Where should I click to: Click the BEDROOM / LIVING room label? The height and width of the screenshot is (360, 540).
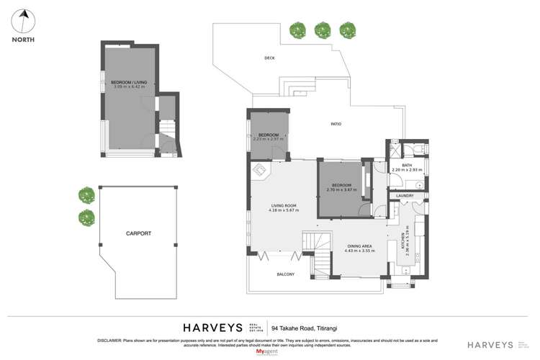pos(129,84)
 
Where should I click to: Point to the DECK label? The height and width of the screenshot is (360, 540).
pos(269,58)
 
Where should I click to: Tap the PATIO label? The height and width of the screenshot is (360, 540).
pos(336,125)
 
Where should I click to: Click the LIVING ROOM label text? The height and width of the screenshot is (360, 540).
pos(283,206)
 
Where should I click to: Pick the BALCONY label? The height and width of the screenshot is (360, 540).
pos(286,274)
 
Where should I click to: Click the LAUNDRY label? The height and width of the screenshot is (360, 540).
pos(405,195)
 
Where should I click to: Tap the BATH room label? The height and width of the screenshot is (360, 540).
pos(407,166)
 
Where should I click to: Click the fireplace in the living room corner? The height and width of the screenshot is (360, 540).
pos(260,171)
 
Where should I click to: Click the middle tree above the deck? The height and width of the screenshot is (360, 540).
pos(322,30)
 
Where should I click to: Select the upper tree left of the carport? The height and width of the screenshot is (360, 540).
pos(86,195)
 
